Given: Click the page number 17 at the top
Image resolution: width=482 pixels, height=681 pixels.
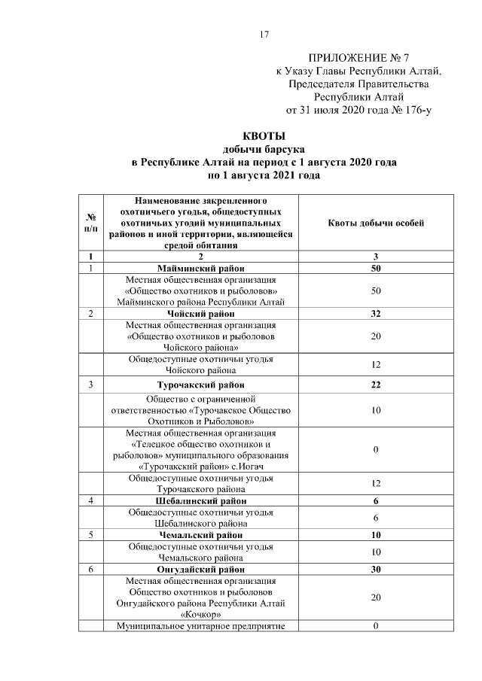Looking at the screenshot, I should coord(264,35).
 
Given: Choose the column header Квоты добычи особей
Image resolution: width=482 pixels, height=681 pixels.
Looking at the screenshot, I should coord(376,223).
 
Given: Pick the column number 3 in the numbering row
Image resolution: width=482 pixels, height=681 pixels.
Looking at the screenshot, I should coord(376,257).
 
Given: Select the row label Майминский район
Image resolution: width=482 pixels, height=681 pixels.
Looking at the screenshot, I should coord(200,268).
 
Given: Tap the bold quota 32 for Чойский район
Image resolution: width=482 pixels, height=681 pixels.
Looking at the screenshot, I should coord(376,314).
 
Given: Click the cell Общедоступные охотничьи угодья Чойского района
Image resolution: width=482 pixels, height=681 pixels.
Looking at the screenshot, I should coord(200,365).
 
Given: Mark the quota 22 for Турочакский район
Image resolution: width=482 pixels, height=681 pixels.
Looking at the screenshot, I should coord(376,385).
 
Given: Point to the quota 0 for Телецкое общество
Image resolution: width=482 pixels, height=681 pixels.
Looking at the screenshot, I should coord(376,449).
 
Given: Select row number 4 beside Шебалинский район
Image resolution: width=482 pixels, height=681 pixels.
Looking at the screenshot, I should coord(90,500).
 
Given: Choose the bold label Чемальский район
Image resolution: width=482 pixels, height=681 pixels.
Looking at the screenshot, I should coord(200,535).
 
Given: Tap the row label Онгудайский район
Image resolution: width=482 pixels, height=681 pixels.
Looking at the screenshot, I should coord(200,570).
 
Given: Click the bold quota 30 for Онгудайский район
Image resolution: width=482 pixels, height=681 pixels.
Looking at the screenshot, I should coord(376,570).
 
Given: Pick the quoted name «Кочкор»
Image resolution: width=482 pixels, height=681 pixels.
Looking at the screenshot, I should coord(200,615).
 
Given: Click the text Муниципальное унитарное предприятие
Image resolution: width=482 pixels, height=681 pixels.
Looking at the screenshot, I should coord(200,626).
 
